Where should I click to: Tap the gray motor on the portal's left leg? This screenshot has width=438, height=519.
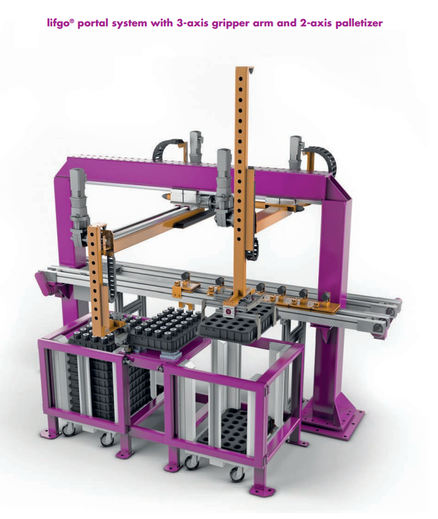click(78, 205)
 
